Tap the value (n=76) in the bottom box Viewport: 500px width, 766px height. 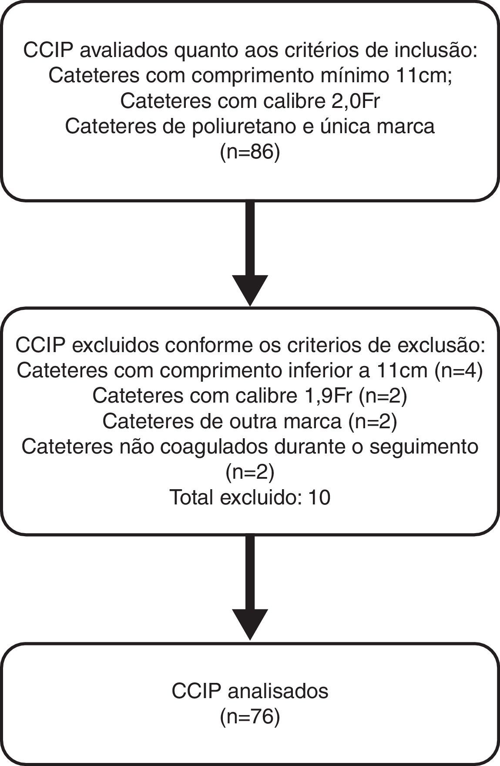(250, 716)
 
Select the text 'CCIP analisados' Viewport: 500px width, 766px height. (250, 691)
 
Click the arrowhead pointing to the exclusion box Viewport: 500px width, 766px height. (250, 290)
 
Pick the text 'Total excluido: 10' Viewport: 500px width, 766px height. (250, 497)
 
